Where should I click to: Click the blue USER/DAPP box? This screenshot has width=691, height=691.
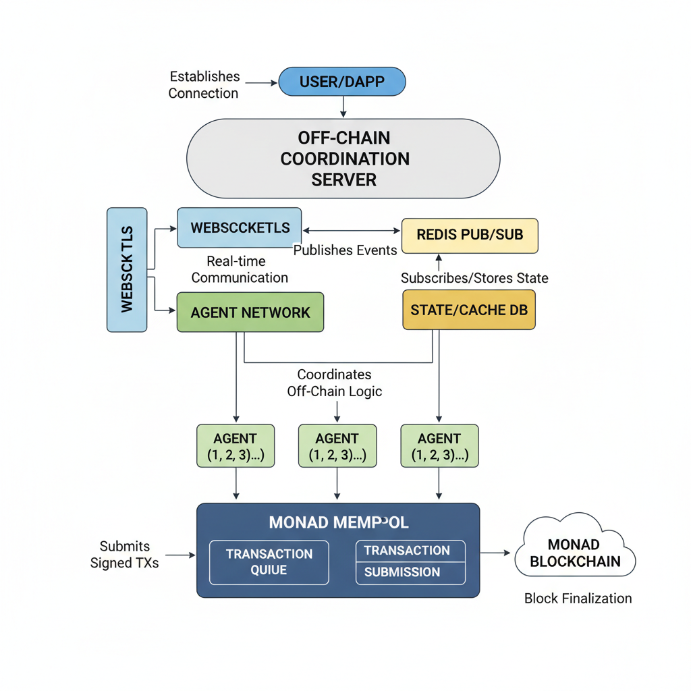(342, 82)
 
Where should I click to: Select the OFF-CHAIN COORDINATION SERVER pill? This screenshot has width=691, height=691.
(343, 159)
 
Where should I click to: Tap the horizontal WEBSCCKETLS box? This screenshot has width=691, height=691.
(240, 227)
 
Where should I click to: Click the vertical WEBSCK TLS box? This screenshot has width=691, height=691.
(127, 269)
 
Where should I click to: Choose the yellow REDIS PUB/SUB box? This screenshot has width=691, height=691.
(470, 235)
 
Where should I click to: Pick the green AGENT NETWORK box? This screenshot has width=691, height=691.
(250, 312)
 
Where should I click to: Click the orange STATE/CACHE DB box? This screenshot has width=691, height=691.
(469, 310)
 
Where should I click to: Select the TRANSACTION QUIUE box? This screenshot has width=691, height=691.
(269, 562)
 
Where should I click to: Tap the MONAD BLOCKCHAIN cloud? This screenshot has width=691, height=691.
(575, 553)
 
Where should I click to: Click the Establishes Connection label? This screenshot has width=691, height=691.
(203, 85)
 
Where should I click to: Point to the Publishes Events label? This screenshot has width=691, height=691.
(345, 250)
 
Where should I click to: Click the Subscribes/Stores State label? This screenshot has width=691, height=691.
(474, 278)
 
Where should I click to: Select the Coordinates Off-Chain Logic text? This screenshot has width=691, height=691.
(335, 382)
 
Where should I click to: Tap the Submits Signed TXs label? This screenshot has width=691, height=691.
(125, 554)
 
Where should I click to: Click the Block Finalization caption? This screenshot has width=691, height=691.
(578, 598)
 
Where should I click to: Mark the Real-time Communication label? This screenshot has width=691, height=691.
(239, 269)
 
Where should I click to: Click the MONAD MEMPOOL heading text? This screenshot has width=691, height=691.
(338, 523)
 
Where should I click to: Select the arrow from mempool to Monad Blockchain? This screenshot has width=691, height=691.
(496, 553)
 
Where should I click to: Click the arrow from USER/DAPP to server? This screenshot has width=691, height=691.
(343, 105)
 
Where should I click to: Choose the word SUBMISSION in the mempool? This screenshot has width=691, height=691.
(402, 572)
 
